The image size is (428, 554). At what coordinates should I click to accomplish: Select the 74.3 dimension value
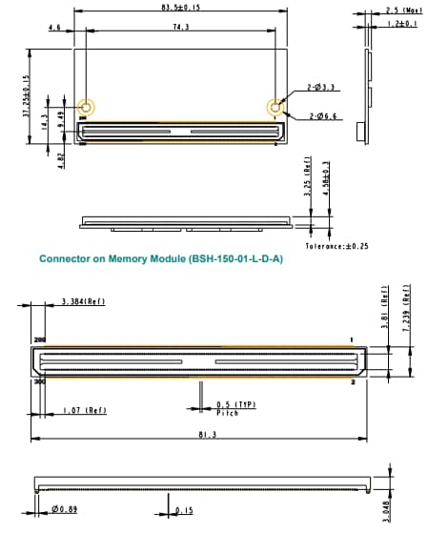coord(180,29)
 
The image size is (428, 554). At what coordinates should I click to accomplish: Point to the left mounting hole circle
coord(86,108)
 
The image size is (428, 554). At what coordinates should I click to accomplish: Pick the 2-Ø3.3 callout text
coord(319,89)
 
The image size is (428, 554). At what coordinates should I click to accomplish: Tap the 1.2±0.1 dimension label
coord(401,23)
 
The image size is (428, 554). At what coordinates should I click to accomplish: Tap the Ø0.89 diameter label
coord(65,510)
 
